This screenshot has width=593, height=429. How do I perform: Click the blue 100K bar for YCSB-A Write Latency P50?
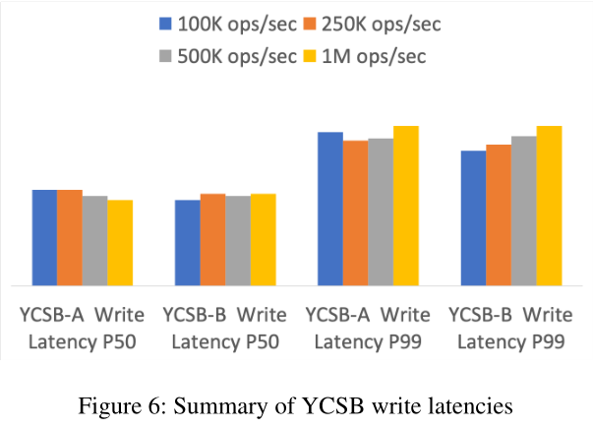[x=44, y=237]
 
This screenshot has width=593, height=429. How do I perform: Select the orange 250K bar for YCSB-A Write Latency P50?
[x=70, y=237]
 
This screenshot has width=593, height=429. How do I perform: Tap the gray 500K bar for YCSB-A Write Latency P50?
[x=94, y=241]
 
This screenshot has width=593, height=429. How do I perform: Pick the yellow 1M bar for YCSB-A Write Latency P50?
[x=120, y=243]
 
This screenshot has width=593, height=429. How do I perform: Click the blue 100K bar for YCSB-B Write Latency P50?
[x=187, y=243]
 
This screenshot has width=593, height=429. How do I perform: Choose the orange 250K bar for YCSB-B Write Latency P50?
[x=212, y=240]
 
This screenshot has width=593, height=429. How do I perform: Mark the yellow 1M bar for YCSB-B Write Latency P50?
[x=263, y=240]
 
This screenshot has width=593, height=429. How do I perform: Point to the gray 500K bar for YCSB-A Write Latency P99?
[x=380, y=212]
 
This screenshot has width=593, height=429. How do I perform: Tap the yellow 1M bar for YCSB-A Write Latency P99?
[x=405, y=206]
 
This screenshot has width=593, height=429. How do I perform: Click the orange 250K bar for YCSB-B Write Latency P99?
[x=498, y=214]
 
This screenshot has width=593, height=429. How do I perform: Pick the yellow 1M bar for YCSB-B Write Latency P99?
[x=548, y=206]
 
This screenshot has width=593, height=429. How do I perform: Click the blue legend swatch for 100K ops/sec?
[x=164, y=24]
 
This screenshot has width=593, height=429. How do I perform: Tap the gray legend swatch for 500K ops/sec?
[x=164, y=56]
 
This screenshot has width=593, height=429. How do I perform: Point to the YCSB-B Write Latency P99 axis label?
[x=510, y=329]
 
